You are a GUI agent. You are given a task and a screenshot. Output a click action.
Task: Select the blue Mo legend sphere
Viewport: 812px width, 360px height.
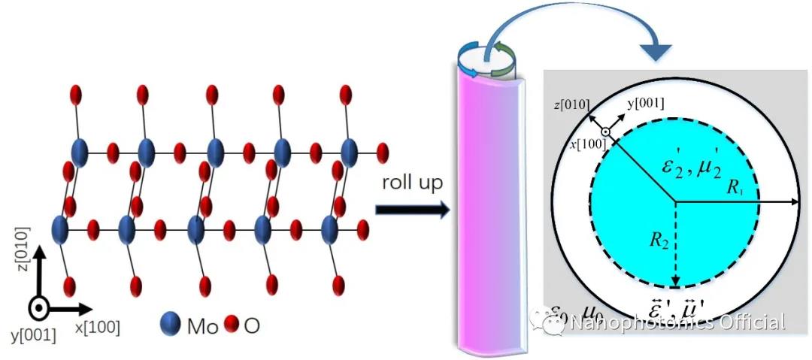171,325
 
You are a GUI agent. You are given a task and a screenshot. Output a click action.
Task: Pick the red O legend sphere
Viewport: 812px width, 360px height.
231,325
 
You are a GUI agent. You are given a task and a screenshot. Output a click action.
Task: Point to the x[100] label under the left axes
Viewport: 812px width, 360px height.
96,327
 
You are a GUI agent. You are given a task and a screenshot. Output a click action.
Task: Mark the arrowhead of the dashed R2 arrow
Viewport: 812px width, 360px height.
675,283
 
